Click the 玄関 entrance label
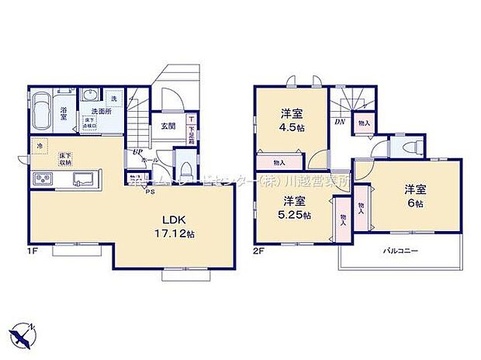[168, 124]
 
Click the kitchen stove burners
[42, 181]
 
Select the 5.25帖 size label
[294, 214]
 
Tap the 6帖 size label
[414, 202]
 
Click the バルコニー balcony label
[402, 251]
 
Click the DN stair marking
[339, 123]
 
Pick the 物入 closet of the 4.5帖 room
[279, 162]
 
